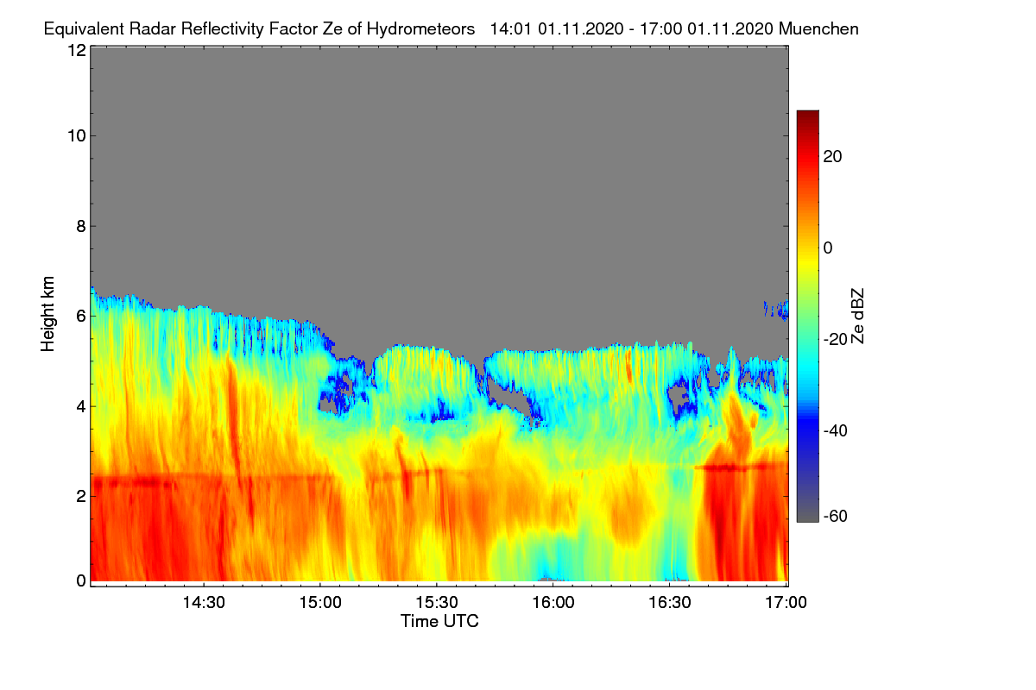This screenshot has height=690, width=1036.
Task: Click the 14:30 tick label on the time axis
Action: (x=204, y=602)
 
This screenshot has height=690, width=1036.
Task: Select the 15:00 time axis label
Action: (x=320, y=602)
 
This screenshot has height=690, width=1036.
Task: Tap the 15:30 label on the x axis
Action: (x=437, y=602)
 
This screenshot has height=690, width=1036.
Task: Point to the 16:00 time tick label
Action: (x=553, y=602)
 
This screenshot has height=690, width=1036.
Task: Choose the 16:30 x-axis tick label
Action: (x=670, y=602)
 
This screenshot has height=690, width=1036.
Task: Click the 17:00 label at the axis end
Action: (x=786, y=602)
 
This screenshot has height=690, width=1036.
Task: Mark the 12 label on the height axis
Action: (x=77, y=50)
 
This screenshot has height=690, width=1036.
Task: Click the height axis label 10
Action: (x=77, y=135)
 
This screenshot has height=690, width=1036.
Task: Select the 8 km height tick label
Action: (x=81, y=226)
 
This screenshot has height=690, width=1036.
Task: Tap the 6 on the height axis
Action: (x=81, y=317)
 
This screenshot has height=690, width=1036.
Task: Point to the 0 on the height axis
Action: (x=81, y=580)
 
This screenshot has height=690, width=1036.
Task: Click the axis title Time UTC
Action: (x=439, y=621)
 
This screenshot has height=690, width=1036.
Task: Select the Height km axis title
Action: (x=47, y=314)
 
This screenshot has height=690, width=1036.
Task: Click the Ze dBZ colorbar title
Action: (x=857, y=317)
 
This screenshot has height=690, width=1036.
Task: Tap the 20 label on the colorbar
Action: (x=832, y=157)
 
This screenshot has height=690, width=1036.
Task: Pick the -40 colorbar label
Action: (x=836, y=430)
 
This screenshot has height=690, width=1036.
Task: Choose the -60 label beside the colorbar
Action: (x=836, y=516)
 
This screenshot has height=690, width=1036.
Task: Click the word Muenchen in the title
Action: (x=818, y=28)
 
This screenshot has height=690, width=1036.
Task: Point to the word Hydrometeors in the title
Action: (x=421, y=29)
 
